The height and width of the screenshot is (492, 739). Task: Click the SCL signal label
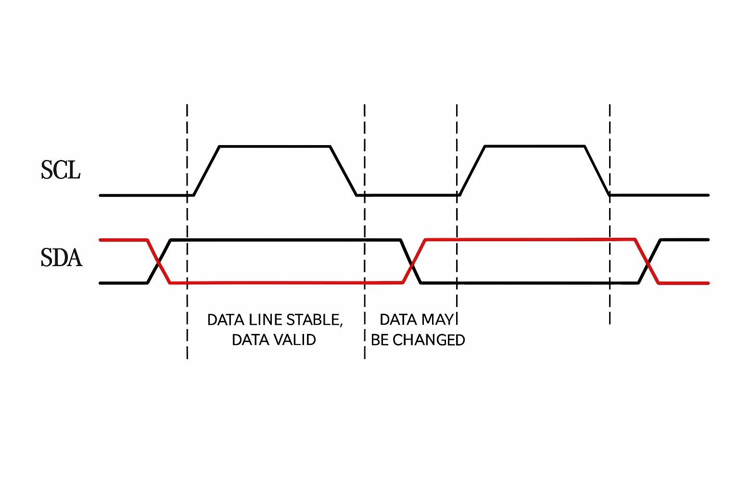(x=61, y=170)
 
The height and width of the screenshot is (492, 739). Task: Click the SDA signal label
(x=62, y=258)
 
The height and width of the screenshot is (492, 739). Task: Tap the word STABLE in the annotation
(x=314, y=320)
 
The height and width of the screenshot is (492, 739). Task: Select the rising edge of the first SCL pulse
(x=206, y=171)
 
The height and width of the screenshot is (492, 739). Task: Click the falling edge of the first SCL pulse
(x=344, y=171)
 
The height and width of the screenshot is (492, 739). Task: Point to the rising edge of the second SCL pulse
(x=472, y=171)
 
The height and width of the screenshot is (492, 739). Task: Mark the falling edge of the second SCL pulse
(x=597, y=171)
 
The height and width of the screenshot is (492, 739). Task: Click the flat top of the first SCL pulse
(x=275, y=147)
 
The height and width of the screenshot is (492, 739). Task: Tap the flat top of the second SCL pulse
(x=535, y=146)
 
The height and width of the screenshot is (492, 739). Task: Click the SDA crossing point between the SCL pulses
(x=411, y=264)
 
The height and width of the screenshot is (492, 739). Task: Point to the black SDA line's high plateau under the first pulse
(x=286, y=240)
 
